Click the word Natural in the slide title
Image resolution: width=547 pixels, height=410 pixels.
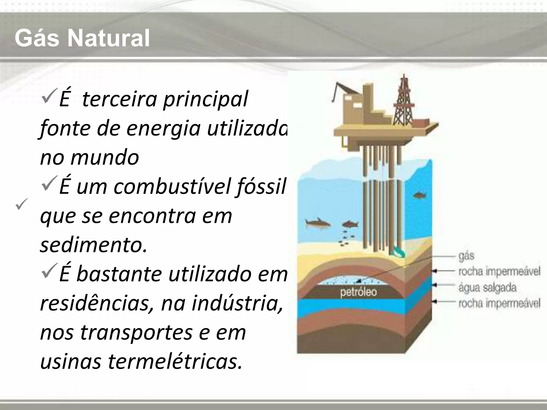[x=108, y=39]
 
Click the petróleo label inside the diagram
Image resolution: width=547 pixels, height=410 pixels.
[x=358, y=292]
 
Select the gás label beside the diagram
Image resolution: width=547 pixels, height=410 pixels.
[x=466, y=256]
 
